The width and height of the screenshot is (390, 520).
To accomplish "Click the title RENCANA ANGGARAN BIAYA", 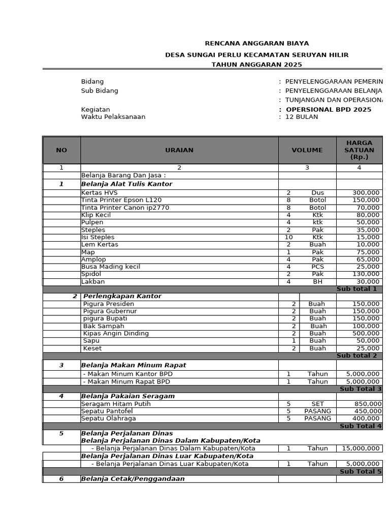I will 256,44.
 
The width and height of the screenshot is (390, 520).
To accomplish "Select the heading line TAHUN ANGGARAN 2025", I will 256,64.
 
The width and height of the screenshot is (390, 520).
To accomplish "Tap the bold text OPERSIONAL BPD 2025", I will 328,110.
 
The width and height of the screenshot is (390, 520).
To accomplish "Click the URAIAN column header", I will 179,150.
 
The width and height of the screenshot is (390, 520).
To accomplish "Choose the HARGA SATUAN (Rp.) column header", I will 359,150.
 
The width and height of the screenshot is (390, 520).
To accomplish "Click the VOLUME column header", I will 307,150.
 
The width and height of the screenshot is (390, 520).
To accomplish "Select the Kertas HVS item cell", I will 99,193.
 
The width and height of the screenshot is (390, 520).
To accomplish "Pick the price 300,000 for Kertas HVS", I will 366,193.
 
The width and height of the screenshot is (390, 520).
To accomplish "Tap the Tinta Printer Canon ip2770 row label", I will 125,208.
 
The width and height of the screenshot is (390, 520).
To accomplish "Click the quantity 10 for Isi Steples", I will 288,237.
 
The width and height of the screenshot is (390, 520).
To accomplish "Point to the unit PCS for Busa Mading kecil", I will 318,267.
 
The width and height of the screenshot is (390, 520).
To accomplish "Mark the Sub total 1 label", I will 356,289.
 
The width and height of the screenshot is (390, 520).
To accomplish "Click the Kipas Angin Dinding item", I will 116,334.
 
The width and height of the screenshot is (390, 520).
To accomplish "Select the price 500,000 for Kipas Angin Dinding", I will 366,334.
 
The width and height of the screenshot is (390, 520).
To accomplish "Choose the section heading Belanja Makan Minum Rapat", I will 134,365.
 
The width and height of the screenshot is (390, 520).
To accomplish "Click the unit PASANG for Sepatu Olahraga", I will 318,418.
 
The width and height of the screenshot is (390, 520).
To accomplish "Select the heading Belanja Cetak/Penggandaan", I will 133,479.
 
